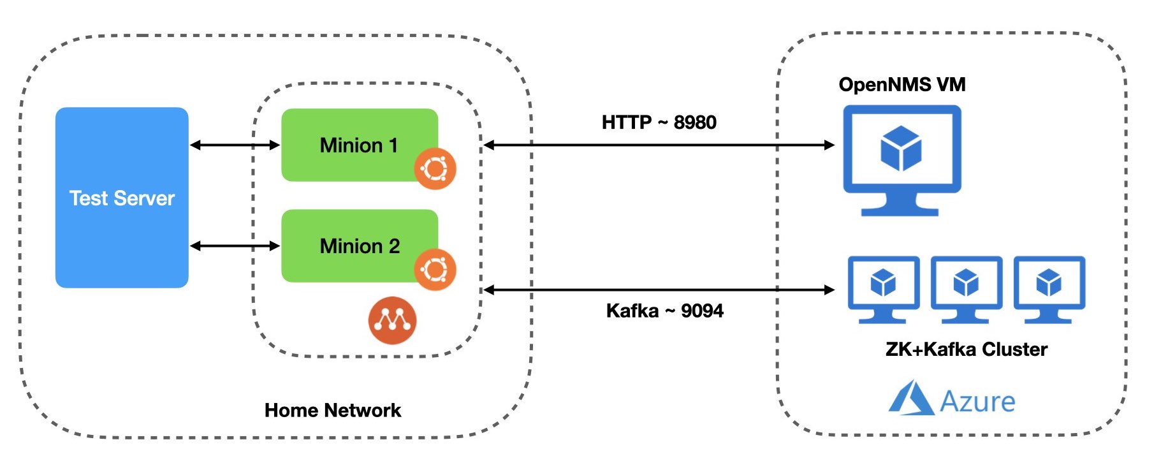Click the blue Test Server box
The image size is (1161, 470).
[122, 198]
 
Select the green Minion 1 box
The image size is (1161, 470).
[360, 145]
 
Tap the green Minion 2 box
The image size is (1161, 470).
[360, 246]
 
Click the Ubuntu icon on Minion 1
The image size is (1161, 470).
[435, 169]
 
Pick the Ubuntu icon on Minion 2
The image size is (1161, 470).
[435, 270]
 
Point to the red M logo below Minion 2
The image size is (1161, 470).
[392, 320]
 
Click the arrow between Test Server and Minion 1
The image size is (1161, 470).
[235, 145]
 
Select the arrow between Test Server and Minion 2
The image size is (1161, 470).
[235, 246]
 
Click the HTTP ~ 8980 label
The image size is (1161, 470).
[659, 122]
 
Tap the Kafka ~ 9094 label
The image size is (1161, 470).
[664, 311]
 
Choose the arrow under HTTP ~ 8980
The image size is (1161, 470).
[659, 145]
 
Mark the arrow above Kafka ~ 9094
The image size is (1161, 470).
[659, 290]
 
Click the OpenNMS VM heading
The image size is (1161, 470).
[902, 84]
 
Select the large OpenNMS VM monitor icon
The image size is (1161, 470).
[902, 161]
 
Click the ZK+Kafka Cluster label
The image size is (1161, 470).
[966, 349]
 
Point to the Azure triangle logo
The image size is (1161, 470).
[912, 398]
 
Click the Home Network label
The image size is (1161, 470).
[333, 410]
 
